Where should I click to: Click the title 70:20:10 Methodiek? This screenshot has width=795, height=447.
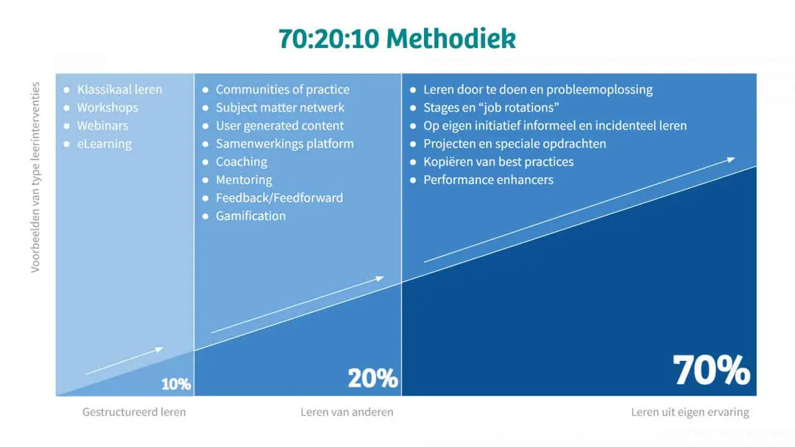pos(397,38)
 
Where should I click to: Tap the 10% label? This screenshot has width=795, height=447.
pos(176,384)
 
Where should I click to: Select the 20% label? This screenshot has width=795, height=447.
pos(373,378)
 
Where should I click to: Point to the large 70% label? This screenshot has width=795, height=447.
pos(711,370)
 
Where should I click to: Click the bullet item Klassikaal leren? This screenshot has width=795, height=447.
pos(120,89)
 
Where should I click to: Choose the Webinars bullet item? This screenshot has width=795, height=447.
pos(103,126)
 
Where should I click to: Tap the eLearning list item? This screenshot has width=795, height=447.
pos(104,144)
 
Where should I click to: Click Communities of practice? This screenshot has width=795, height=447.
pos(283,90)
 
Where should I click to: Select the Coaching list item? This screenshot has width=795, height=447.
pos(241,162)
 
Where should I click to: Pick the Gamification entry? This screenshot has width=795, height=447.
pos(251,216)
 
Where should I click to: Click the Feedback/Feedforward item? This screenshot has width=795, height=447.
pos(279,198)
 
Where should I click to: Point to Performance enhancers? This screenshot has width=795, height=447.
pos(489,180)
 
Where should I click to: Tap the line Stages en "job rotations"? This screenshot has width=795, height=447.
pos(491,108)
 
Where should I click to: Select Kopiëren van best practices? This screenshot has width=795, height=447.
pos(499,162)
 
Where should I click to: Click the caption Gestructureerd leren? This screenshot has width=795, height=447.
pos(134,412)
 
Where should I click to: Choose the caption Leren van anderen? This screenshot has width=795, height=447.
pos(347,412)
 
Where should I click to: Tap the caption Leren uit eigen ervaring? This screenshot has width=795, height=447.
pos(690,412)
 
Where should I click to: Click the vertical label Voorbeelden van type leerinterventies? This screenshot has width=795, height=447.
pos(35,177)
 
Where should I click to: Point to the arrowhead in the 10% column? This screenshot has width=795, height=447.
pos(159,349)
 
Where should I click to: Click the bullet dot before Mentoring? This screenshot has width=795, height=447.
pos(205,180)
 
